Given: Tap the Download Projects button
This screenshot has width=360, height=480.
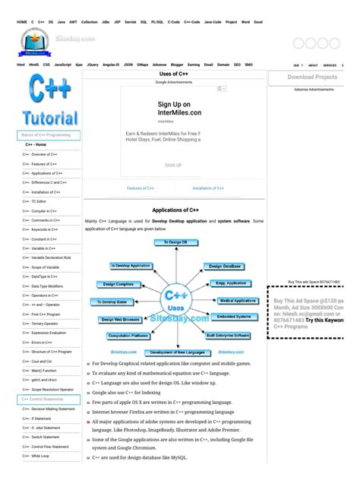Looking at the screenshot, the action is coord(312,77).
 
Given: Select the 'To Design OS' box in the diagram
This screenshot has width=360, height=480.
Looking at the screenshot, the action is coord(175,243).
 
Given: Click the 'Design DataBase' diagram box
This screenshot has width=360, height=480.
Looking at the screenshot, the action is coord(224,267).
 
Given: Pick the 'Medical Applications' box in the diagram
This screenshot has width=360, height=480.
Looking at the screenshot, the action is coord(238,301).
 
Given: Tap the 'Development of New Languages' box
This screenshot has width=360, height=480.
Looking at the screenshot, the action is coord(175,352).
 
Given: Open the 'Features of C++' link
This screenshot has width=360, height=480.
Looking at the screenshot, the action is coord(141,188).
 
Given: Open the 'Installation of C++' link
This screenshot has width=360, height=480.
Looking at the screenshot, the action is coord(207,188).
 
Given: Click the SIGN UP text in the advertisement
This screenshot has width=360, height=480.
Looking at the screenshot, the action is coord(173,165).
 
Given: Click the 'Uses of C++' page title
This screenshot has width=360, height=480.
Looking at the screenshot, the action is coord(174,74).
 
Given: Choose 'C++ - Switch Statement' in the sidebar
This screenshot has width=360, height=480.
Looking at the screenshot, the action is coord(41,437).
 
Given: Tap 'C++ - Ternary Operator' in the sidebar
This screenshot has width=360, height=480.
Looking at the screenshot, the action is coord(41,323).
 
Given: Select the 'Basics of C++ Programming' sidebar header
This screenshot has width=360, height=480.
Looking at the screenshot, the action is coord(48,134).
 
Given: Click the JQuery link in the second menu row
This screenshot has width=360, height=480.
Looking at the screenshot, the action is coord(93,65).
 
